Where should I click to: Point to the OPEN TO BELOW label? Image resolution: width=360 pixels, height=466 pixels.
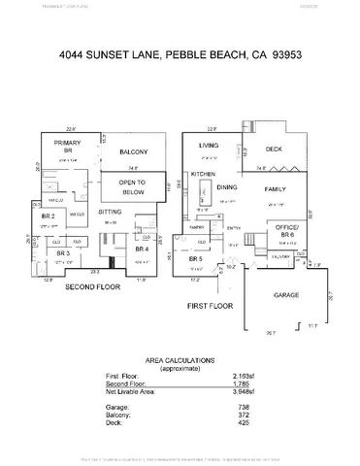click(x=132, y=186)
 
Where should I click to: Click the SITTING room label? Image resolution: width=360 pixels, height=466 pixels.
click(x=111, y=210)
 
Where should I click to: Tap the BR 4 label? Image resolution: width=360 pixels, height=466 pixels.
click(x=142, y=249)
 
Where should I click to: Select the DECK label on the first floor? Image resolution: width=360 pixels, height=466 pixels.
click(x=273, y=150)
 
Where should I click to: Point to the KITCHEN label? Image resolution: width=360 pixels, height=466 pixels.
click(x=203, y=174)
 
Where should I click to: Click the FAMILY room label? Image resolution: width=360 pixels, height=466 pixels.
click(x=275, y=192)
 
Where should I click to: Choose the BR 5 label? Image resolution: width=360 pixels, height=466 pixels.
click(x=194, y=258)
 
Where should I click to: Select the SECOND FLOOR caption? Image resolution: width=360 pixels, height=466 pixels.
click(x=91, y=287)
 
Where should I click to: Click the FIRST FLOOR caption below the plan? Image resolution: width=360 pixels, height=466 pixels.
click(x=211, y=306)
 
